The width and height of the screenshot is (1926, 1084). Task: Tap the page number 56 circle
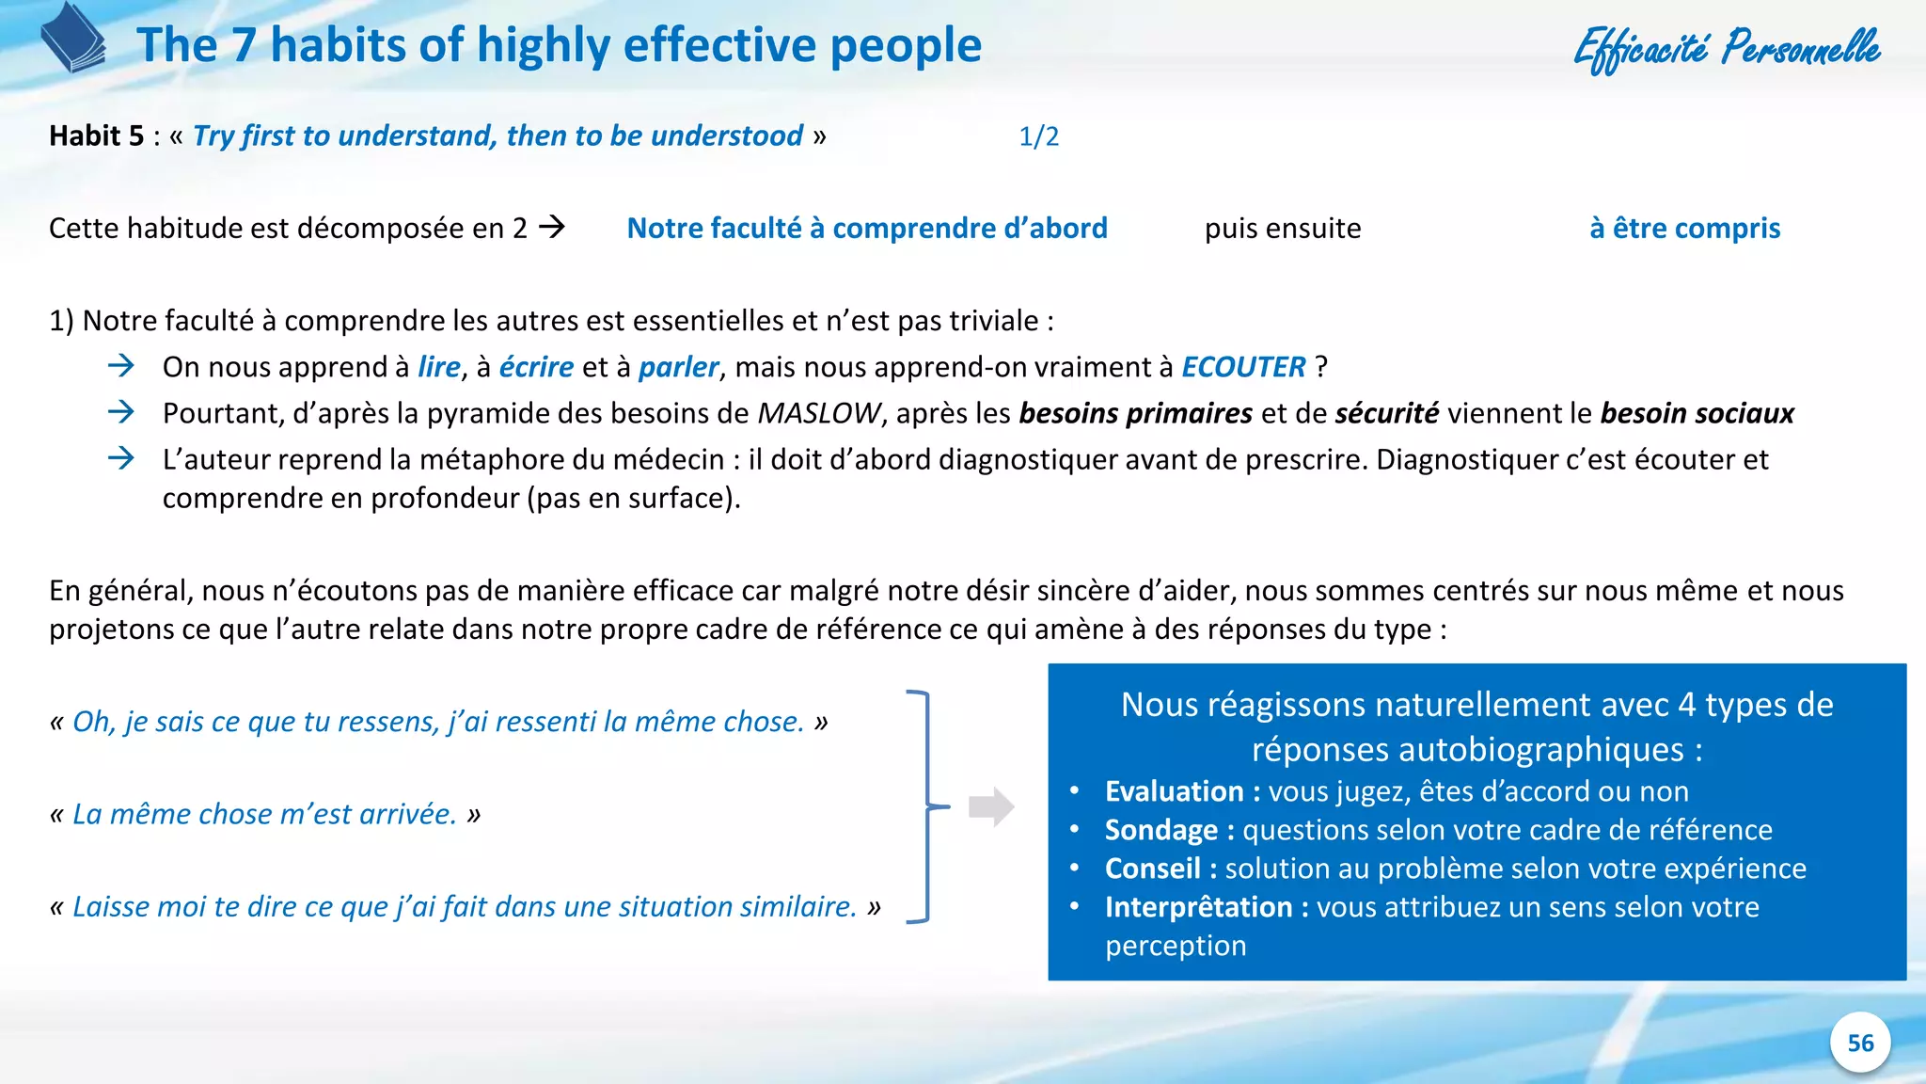pos(1859,1043)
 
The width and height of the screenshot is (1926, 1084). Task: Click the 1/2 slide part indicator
pos(1038,136)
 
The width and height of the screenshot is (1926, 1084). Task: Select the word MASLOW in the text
pos(819,413)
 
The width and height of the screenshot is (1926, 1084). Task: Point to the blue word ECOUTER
pos(1243,367)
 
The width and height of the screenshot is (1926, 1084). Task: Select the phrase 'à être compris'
pos(1684,229)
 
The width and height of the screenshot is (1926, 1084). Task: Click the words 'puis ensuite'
pos(1283,229)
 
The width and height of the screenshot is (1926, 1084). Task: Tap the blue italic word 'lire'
pos(439,367)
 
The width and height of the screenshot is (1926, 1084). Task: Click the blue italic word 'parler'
pos(678,367)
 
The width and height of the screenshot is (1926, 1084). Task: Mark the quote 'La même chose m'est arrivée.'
pos(264,814)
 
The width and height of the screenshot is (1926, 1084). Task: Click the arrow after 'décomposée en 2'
pos(552,227)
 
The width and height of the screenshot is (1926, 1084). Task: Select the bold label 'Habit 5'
pos(97,136)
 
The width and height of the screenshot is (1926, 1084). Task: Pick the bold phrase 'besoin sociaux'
pos(1697,413)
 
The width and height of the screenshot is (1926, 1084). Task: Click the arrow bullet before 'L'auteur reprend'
pos(121,458)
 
